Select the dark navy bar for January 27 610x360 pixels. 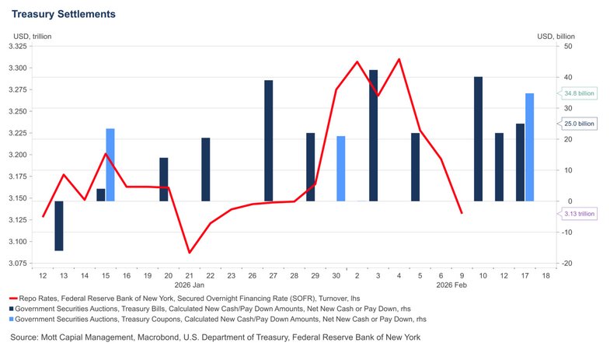(x=268, y=141)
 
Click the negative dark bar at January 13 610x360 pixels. (x=59, y=225)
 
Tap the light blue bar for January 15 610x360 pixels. (x=110, y=165)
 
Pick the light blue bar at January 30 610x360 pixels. (x=340, y=169)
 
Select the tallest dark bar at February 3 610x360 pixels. (x=373, y=135)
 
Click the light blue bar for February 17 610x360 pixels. (x=530, y=147)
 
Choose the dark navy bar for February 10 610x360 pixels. (x=478, y=139)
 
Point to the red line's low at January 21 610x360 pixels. (x=189, y=252)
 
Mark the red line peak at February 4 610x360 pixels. (x=399, y=59)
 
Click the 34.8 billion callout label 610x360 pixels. (x=579, y=93)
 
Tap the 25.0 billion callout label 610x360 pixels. (x=579, y=123)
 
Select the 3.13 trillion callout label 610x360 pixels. (x=579, y=213)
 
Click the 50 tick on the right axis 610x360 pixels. (x=567, y=47)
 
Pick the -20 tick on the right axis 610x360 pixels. (x=567, y=264)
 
